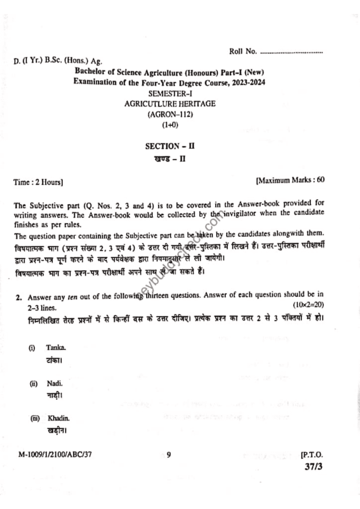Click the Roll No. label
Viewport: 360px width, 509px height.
tap(243, 51)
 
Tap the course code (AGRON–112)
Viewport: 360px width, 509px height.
tap(170, 114)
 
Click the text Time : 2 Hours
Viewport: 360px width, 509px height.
tap(38, 182)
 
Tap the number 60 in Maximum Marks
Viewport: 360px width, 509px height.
tap(320, 179)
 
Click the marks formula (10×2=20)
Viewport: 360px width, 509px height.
tap(308, 304)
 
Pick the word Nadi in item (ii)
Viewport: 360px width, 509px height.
tap(54, 384)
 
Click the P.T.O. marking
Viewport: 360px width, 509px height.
tap(312, 454)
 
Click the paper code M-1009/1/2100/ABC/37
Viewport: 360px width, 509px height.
tap(55, 454)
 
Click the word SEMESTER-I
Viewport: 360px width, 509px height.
tap(170, 93)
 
